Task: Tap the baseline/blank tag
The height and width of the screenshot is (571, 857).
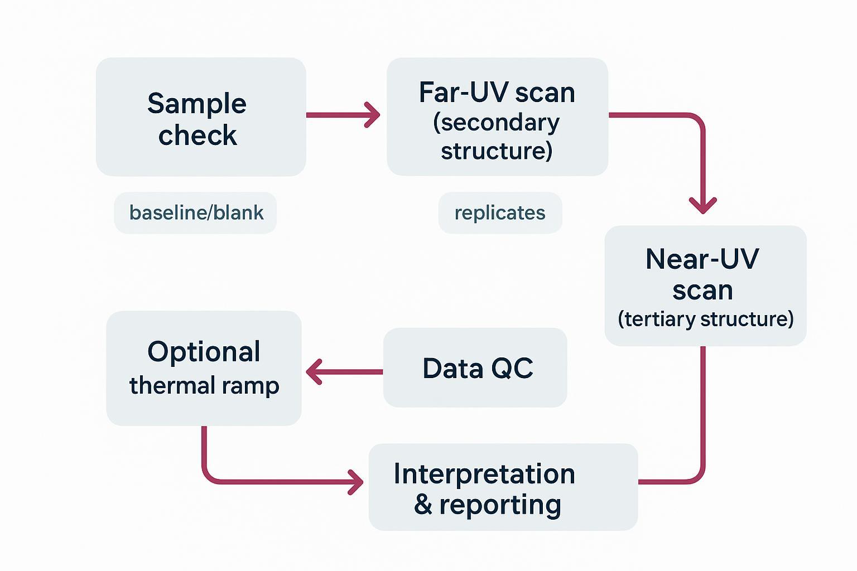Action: pyautogui.click(x=196, y=213)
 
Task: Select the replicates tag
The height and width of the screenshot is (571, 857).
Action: pyautogui.click(x=500, y=213)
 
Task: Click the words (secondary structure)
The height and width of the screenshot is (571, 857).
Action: pyautogui.click(x=497, y=137)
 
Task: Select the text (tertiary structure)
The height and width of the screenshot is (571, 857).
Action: pyautogui.click(x=705, y=319)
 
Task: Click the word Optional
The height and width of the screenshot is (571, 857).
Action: pyautogui.click(x=204, y=352)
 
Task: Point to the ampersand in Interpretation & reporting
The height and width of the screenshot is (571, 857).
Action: pyautogui.click(x=423, y=505)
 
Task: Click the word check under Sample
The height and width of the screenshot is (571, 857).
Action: pyautogui.click(x=198, y=136)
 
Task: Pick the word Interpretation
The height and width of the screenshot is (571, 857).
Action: pyautogui.click(x=484, y=474)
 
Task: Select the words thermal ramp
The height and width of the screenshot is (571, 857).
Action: pyautogui.click(x=204, y=385)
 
